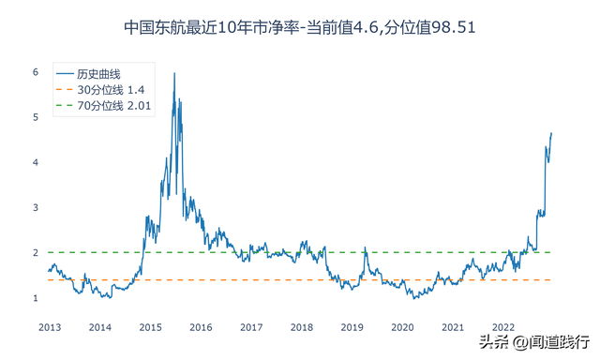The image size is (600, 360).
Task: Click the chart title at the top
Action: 300,27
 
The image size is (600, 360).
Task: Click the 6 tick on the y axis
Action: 35,72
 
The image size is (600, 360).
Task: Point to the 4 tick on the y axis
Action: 35,162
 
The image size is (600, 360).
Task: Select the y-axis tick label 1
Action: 35,298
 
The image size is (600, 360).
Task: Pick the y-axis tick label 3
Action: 35,207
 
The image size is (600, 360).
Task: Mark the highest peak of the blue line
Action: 174,73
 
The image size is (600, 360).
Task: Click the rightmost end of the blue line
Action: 551,133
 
